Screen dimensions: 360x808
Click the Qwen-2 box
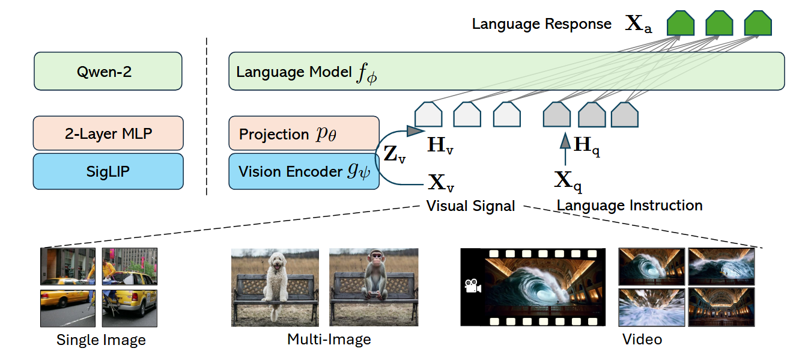pyautogui.click(x=108, y=72)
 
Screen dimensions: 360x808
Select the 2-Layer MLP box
pyautogui.click(x=108, y=133)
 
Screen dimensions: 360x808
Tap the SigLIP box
pyautogui.click(x=108, y=171)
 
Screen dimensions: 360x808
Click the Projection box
pyautogui.click(x=303, y=133)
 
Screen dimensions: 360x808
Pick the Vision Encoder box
pyautogui.click(x=303, y=171)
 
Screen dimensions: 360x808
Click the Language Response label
pyautogui.click(x=541, y=24)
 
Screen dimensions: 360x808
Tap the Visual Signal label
pyautogui.click(x=470, y=206)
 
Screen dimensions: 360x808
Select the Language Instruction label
pyautogui.click(x=630, y=205)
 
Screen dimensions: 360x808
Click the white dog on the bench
pyautogui.click(x=277, y=282)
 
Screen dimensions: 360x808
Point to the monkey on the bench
pyautogui.click(x=375, y=279)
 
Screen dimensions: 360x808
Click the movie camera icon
pyautogui.click(x=473, y=286)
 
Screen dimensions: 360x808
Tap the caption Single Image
pyautogui.click(x=101, y=340)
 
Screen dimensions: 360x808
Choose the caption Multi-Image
pyautogui.click(x=329, y=339)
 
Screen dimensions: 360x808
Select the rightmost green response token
pyautogui.click(x=757, y=23)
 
